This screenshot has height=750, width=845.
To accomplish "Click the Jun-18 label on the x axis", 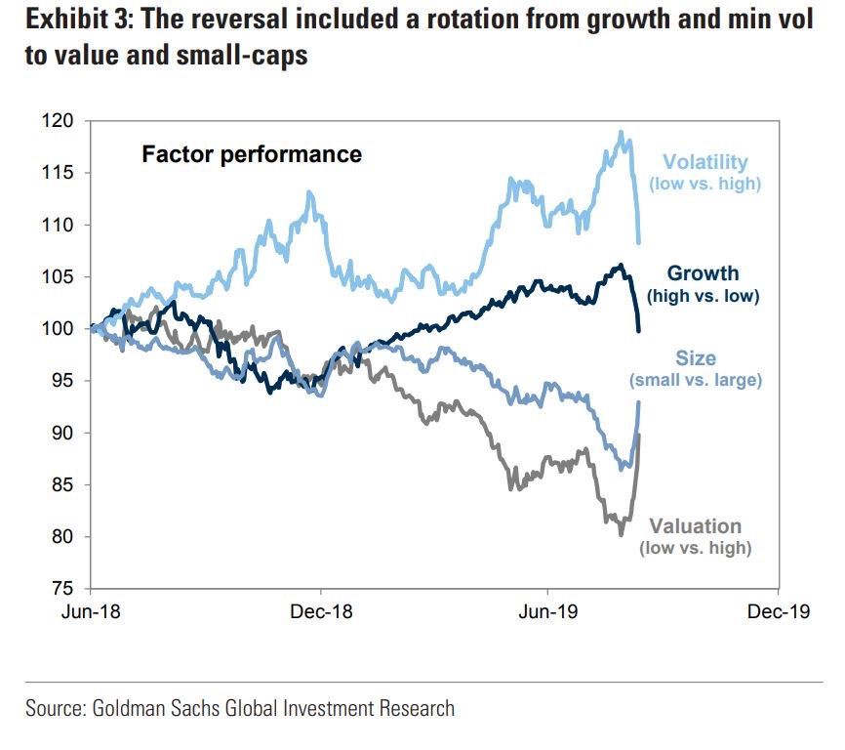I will [90, 612].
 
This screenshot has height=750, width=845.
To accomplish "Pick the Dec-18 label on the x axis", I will [321, 612].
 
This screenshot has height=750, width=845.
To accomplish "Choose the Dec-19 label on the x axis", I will [777, 612].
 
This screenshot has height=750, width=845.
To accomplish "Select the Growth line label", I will [703, 273].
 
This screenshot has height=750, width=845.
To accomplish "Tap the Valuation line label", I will [696, 526].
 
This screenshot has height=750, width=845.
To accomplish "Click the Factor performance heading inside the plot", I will [251, 154].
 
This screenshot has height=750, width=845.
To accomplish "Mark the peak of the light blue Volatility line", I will [620, 132].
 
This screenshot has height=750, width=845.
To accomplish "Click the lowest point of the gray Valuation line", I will [622, 534].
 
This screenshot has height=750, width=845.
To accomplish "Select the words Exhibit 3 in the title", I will [74, 21].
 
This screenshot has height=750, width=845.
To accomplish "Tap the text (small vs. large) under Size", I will [696, 379].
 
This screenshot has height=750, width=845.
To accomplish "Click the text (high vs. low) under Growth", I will [703, 295].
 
